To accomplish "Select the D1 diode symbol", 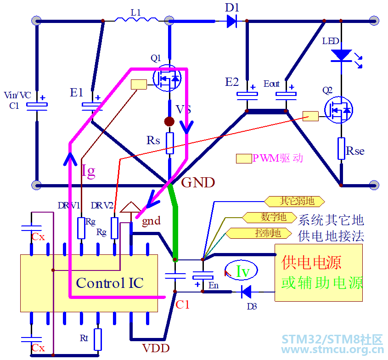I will (x=231, y=21).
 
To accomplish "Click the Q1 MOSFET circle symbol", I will (x=167, y=79).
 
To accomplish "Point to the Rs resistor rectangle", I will (x=170, y=143).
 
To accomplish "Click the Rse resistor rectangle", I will (x=341, y=148).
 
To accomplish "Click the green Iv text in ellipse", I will (x=242, y=272).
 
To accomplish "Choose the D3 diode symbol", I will (x=247, y=292).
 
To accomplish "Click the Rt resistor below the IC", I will (x=97, y=339).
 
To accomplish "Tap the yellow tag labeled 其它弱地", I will (x=294, y=201).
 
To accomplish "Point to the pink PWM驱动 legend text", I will (x=278, y=158).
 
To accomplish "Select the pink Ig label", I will (x=88, y=171).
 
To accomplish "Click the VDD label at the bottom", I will (x=156, y=348).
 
